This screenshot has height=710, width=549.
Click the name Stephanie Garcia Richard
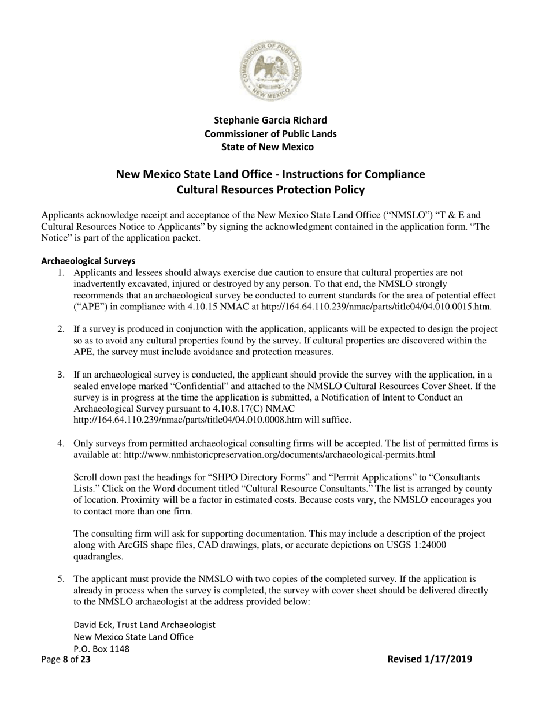coord(270,120)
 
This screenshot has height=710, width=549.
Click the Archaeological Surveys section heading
coord(87,261)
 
